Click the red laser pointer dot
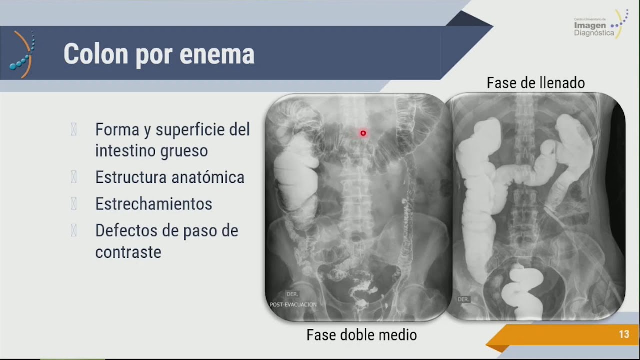[x=363, y=133]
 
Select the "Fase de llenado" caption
[x=536, y=83]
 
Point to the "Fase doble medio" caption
[x=361, y=335]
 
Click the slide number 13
[x=624, y=335]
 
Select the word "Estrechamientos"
[x=154, y=204]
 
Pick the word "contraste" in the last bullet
[x=128, y=252]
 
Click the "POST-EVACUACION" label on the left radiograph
[x=293, y=304]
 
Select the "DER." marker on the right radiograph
[x=463, y=299]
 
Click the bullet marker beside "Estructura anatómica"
[x=74, y=177]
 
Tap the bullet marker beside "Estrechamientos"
[x=74, y=204]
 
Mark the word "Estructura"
[x=129, y=177]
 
